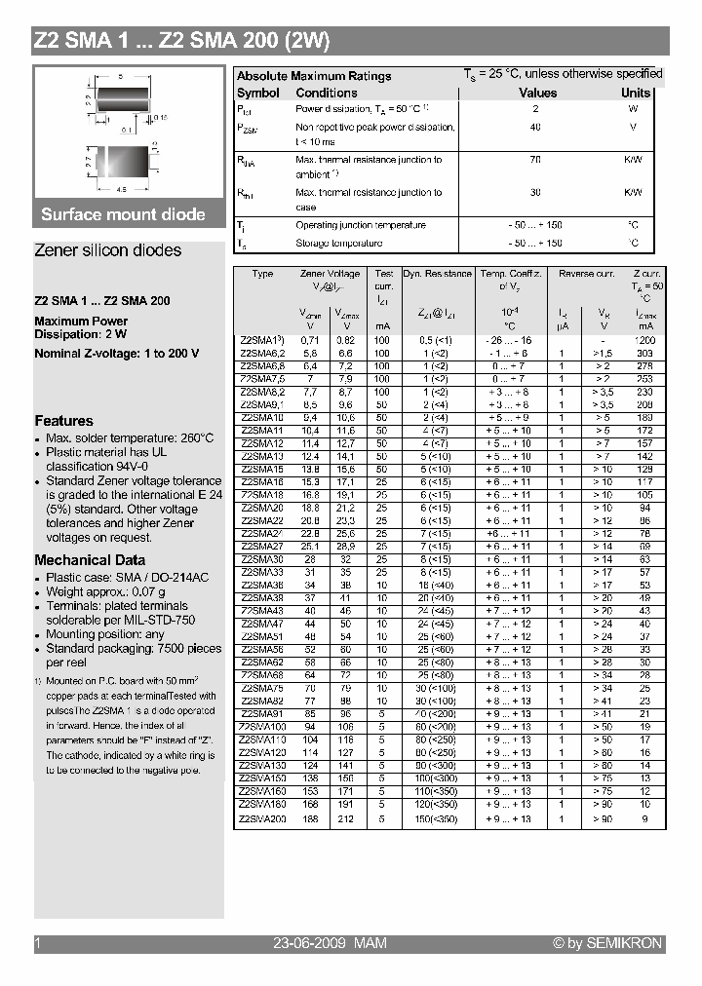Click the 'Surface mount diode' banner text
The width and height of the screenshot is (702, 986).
tap(123, 214)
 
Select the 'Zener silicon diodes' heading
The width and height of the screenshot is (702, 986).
tap(107, 250)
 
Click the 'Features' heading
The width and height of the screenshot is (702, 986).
tap(63, 421)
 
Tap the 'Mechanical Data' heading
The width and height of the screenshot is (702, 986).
tap(90, 560)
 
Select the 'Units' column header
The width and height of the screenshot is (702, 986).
tap(636, 94)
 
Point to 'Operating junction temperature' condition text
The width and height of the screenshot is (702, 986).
tap(360, 225)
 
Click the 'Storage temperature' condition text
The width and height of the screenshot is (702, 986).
tap(338, 243)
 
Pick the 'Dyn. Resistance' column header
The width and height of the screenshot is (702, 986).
tap(437, 274)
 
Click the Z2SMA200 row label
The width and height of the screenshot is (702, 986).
tap(262, 819)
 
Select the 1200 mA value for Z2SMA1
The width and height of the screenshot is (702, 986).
tap(644, 340)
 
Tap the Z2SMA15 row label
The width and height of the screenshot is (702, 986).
tap(261, 469)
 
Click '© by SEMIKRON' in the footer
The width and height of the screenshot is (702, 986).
tap(606, 943)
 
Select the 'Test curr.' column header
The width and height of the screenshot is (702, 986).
tap(384, 280)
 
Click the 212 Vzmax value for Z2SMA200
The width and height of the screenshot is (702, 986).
tap(346, 819)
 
